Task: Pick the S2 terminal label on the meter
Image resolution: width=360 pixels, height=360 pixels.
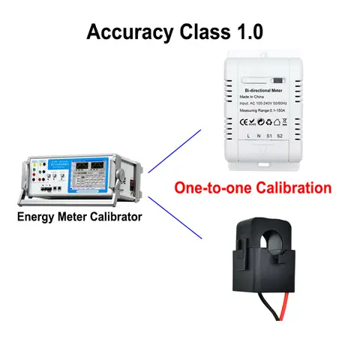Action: coord(279,136)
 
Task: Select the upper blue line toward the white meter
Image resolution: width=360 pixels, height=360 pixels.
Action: coord(177,151)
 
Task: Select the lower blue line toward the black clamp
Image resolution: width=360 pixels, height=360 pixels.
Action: coord(177,217)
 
